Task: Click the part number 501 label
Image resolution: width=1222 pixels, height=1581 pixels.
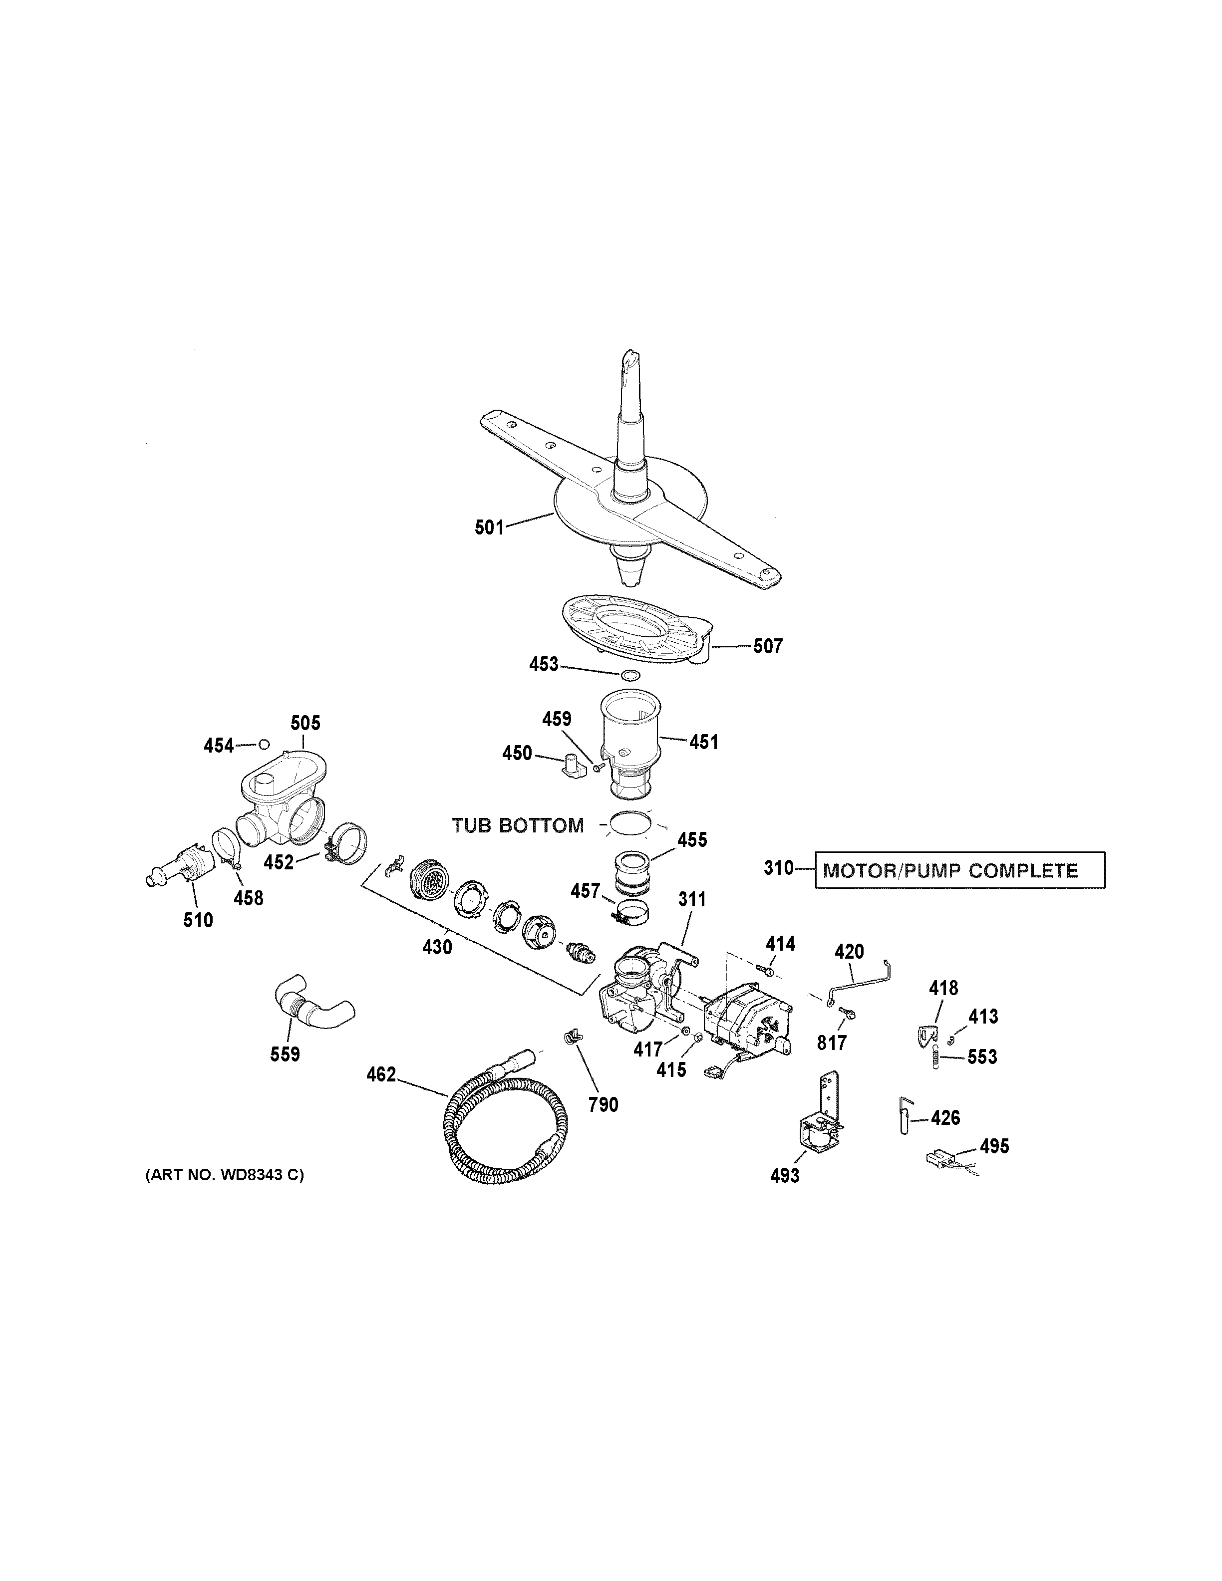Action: click(x=489, y=527)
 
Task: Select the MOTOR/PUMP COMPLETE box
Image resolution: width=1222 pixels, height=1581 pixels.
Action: click(x=959, y=870)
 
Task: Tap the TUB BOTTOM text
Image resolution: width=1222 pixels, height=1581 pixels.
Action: click(x=518, y=825)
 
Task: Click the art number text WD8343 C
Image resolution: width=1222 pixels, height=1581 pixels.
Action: click(x=225, y=1175)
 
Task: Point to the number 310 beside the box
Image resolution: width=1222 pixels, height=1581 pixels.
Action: click(x=778, y=867)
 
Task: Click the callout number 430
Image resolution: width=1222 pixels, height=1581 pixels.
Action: click(x=437, y=946)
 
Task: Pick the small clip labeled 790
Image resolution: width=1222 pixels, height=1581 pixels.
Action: click(x=572, y=1040)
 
